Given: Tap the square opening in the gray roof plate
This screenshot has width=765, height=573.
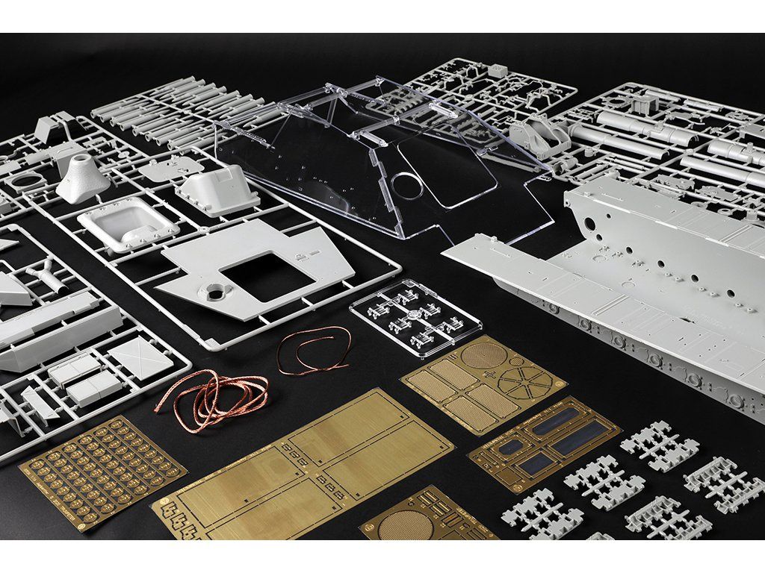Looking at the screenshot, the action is [x=267, y=277].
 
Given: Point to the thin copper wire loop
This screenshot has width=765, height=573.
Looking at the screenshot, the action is [x=314, y=350].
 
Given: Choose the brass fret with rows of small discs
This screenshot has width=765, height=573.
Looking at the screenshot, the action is [x=101, y=470].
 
